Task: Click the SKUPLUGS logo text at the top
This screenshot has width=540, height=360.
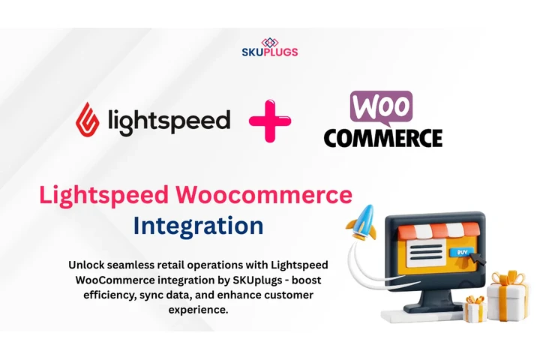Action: [x=269, y=52]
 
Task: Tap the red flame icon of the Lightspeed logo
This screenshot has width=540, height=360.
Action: [x=89, y=119]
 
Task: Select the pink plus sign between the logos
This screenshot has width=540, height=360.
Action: [x=271, y=120]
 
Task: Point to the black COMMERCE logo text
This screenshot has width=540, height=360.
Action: [x=382, y=137]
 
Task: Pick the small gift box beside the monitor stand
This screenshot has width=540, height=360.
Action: [x=475, y=307]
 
